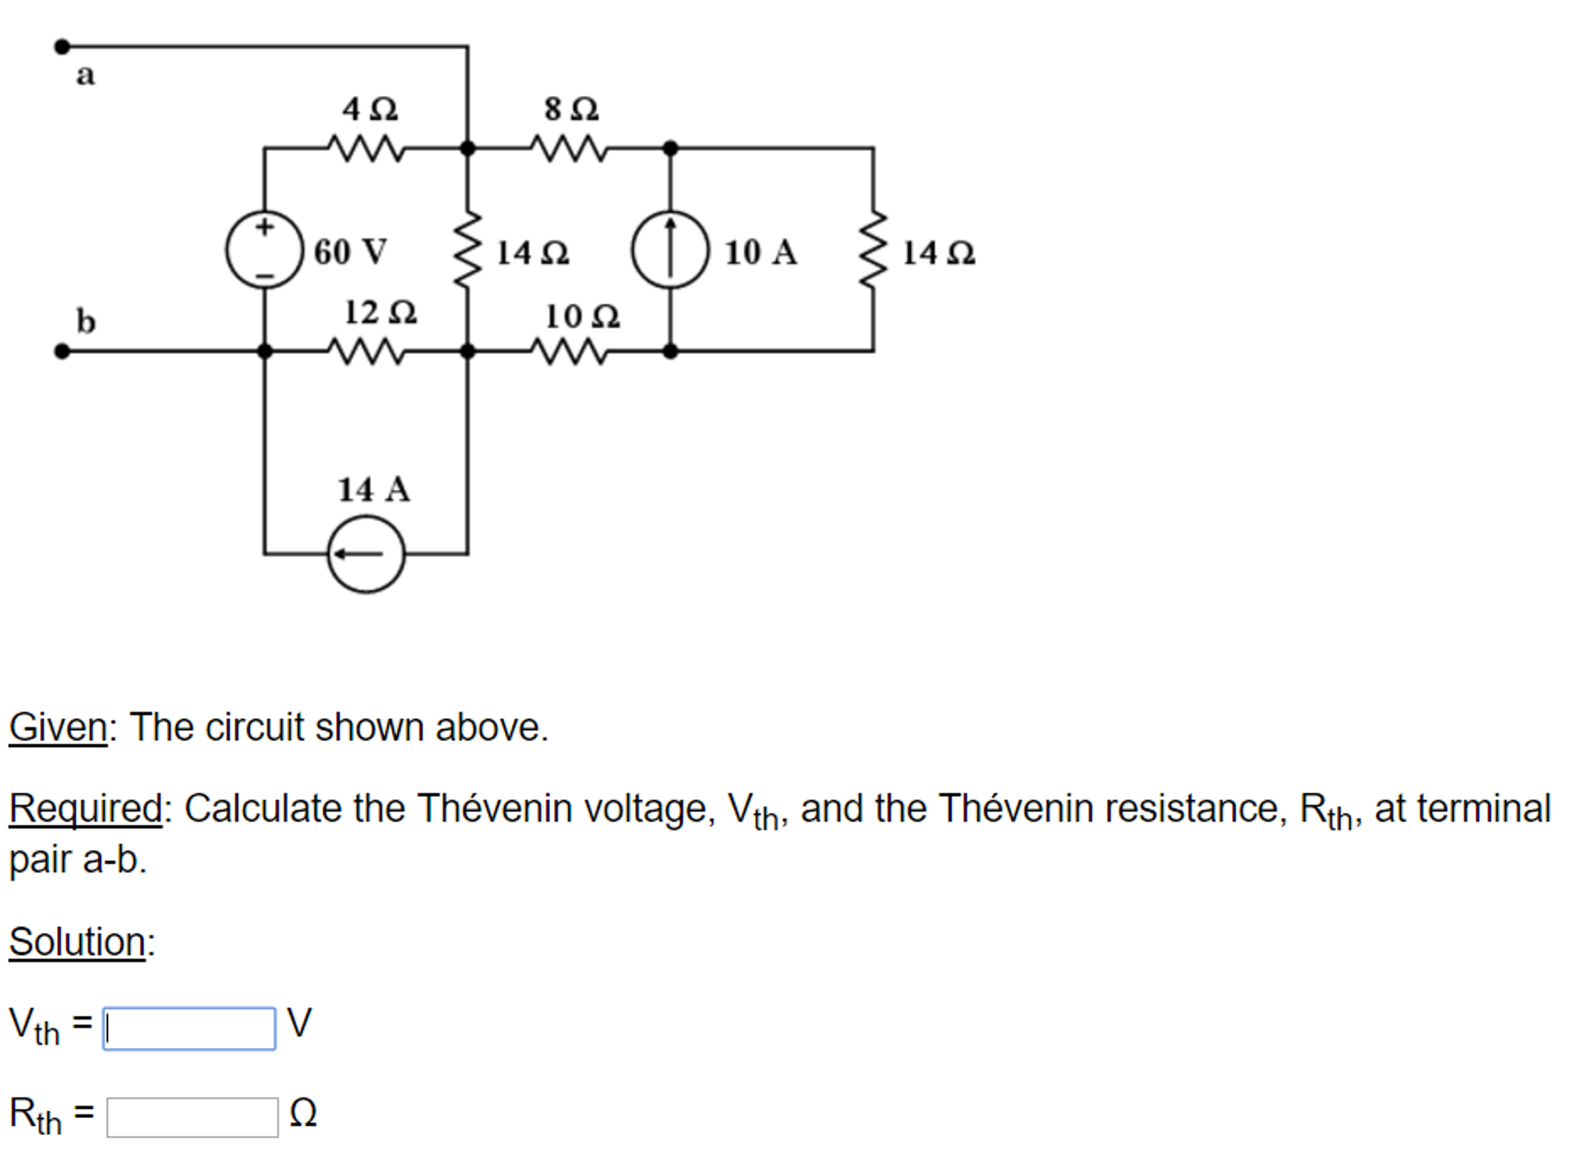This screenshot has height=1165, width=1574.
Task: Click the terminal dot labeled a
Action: pos(62,47)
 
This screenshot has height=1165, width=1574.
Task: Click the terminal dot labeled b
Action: pos(62,352)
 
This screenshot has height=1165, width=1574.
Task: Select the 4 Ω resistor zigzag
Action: pos(366,148)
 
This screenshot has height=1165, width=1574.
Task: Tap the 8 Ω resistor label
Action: pos(571,109)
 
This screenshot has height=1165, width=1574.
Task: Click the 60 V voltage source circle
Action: pos(264,250)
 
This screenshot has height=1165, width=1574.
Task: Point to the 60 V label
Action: pos(350,252)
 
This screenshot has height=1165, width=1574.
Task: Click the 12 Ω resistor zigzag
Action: pos(366,352)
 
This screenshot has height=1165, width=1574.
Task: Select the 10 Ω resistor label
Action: pos(582,316)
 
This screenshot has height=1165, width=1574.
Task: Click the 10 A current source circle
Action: pos(670,250)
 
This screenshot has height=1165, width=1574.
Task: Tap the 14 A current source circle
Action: pos(366,553)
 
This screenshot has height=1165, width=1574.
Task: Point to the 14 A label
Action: pos(374,489)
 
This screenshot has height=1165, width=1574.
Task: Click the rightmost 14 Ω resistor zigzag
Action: pos(873,250)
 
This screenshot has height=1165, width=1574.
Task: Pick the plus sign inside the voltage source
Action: pos(264,227)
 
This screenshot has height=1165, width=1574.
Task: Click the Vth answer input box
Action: pos(189,1028)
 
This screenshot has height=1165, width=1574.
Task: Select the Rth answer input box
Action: pos(192,1117)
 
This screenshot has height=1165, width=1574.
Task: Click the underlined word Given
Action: pos(58,727)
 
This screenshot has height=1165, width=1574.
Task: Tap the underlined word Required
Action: pos(85,809)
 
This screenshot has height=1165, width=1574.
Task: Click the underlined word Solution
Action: pos(77,942)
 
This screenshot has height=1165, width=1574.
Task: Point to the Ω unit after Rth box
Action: pos(303,1113)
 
